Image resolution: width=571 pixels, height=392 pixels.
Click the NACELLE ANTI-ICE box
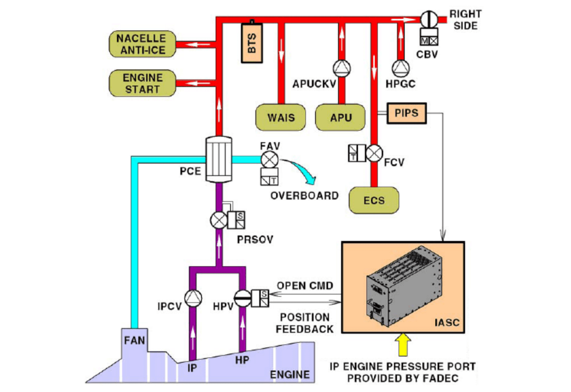(141, 44)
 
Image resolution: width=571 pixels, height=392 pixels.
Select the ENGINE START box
(141, 84)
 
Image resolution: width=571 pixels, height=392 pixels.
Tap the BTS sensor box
(253, 40)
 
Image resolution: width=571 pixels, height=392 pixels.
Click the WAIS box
(281, 117)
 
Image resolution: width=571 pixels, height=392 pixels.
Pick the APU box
(340, 117)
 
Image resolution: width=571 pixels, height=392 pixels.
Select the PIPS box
(406, 113)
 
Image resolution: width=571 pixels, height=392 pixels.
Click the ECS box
(374, 200)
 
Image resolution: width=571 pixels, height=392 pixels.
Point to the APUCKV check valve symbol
(341, 67)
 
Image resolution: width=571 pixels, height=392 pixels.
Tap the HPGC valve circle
(400, 67)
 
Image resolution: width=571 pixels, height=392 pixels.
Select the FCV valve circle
(374, 153)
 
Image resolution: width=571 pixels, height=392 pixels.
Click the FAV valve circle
(270, 159)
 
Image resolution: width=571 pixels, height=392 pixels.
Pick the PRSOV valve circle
(218, 220)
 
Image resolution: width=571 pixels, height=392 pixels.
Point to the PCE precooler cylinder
(218, 159)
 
